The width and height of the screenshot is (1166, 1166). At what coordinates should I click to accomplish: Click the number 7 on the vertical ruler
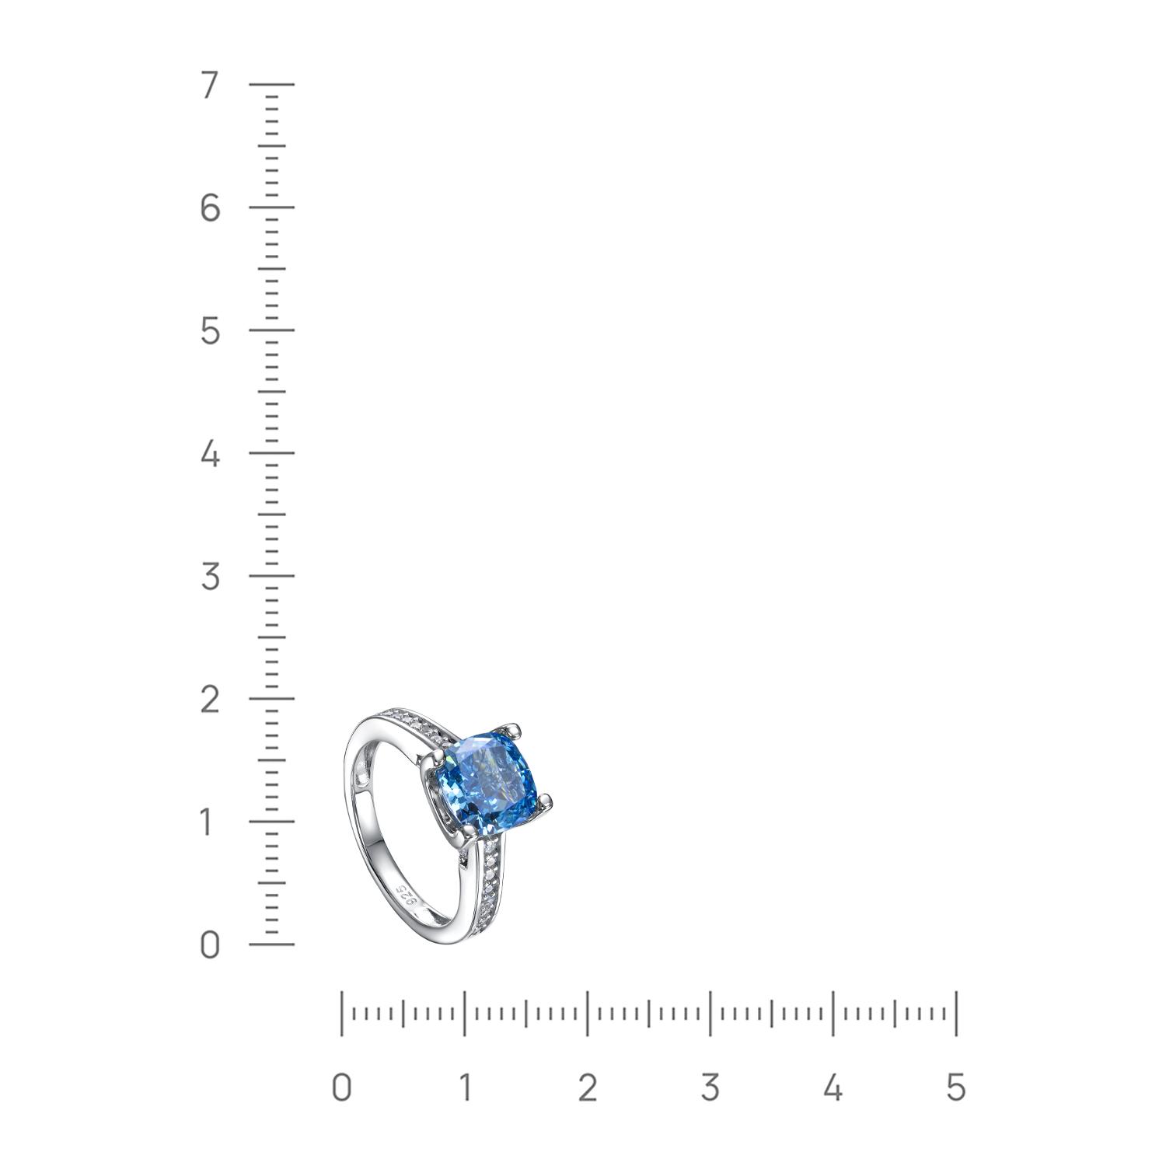click(x=209, y=85)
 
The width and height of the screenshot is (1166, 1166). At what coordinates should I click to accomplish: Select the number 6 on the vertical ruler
click(x=209, y=208)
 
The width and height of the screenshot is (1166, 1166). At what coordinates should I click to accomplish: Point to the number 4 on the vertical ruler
click(x=209, y=453)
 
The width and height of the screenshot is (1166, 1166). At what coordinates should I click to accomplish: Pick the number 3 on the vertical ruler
click(x=209, y=576)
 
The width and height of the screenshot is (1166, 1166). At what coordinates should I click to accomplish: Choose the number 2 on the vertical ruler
click(x=209, y=699)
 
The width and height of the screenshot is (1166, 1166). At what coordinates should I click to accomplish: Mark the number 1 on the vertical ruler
click(x=207, y=822)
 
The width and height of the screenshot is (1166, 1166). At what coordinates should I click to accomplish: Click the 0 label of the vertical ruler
click(x=209, y=944)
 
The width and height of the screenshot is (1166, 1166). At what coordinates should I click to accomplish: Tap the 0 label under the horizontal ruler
click(x=341, y=1087)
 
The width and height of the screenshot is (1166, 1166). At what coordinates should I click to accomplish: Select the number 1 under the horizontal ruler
click(x=464, y=1087)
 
